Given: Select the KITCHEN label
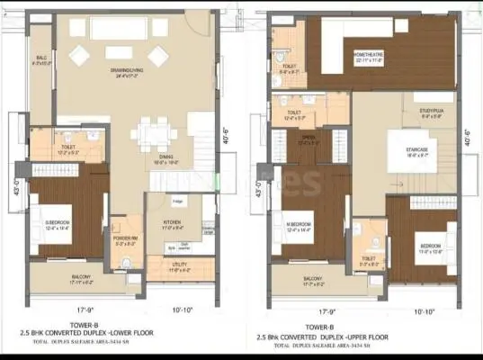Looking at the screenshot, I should (x=173, y=220).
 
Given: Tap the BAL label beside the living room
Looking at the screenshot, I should (x=41, y=58).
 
